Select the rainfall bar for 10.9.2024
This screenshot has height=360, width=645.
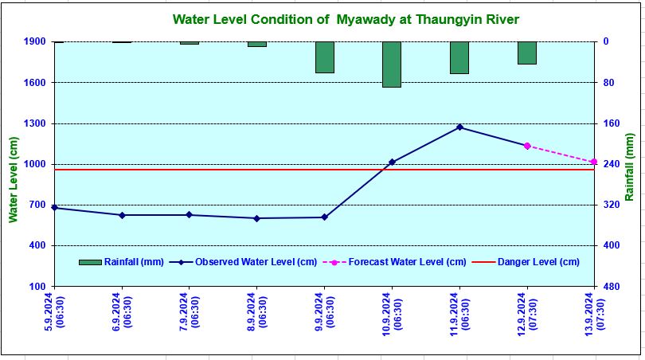tap(391, 64)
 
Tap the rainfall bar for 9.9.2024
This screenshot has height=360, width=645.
tap(324, 57)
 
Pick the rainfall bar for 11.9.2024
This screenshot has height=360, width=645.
tap(459, 57)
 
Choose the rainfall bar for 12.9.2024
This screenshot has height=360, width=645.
tap(526, 53)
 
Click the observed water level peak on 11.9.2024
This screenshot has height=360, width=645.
tap(459, 127)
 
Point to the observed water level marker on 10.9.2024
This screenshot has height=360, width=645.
tap(392, 162)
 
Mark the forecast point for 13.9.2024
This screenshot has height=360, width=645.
tap(594, 162)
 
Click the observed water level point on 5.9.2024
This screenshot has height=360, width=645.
tap(54, 207)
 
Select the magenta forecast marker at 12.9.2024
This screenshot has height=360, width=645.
tap(526, 146)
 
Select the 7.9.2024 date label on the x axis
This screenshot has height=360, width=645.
tap(190, 317)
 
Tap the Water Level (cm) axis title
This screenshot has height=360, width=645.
tap(13, 179)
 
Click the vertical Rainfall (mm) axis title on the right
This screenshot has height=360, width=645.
tap(629, 167)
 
